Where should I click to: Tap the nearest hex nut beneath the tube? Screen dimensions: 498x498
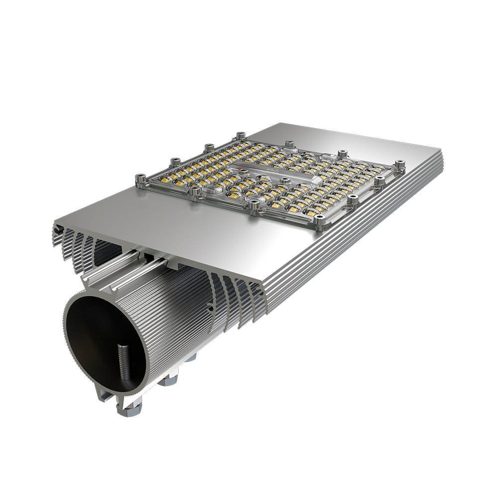pyautogui.click(x=130, y=408)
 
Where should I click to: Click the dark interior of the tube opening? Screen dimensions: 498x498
pyautogui.click(x=100, y=344)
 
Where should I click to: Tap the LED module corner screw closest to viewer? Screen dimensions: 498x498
pyautogui.click(x=321, y=218)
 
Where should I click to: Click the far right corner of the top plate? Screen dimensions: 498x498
pyautogui.click(x=441, y=149)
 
